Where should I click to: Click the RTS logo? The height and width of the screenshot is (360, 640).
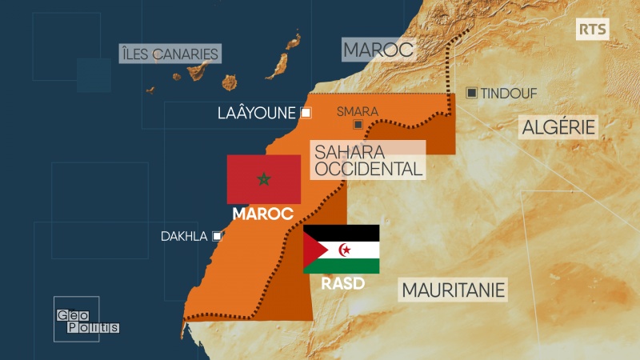coord(593,30)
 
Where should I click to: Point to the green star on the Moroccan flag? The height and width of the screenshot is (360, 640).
coord(263,178)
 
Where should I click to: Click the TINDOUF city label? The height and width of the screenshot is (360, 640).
coord(509,94)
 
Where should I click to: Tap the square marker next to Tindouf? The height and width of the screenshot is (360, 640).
coord(472,93)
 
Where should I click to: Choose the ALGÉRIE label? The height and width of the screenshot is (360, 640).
coord(559,126)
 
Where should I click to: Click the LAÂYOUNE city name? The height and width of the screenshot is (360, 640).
coord(256,113)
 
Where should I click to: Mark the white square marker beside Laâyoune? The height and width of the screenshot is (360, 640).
coord(306,113)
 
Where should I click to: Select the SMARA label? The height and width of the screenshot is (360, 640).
coord(358,112)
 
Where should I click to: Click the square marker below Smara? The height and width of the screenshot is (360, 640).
coord(358,126)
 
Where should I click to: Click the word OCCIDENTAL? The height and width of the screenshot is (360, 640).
coord(368,169)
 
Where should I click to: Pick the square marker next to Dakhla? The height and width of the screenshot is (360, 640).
coord(216,236)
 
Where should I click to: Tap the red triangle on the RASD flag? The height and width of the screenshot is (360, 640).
coord(311,249)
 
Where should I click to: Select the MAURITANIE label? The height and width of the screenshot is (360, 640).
coord(454,289)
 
